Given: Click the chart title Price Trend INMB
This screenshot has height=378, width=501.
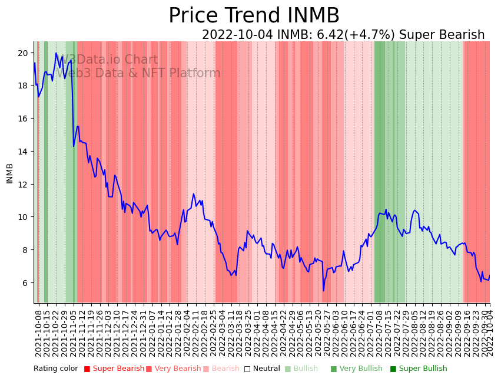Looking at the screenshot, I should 254,16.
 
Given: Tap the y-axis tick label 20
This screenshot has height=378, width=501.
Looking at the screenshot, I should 22,53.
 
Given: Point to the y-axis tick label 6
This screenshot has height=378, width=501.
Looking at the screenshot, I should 25,283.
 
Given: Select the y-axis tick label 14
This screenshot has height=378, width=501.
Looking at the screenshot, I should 22,152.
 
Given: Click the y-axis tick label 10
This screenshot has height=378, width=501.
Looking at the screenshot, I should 22,217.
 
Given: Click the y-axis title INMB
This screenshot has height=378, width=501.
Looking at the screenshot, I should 9,173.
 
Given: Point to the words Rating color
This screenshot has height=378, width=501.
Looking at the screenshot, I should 55,369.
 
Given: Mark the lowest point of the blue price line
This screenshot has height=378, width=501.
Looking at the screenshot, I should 323,290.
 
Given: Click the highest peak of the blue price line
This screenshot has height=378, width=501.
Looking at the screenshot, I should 57,54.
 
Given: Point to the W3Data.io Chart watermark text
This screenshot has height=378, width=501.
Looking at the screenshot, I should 109,60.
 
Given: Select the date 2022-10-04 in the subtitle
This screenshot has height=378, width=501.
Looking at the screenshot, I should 237,35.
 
